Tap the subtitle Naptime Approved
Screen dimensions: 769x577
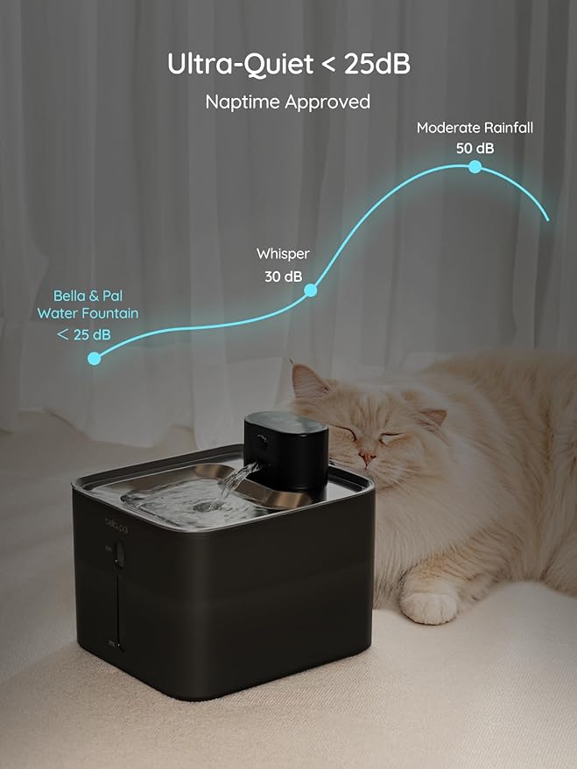point(288,102)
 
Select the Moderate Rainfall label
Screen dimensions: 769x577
point(475,128)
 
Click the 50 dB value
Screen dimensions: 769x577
point(475,148)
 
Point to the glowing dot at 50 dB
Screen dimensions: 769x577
point(475,166)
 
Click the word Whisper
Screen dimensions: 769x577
point(283,254)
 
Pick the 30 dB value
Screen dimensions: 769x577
point(283,276)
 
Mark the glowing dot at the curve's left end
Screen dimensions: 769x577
point(95,357)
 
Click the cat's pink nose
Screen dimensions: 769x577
point(362,455)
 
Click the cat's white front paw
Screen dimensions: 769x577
point(428,607)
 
